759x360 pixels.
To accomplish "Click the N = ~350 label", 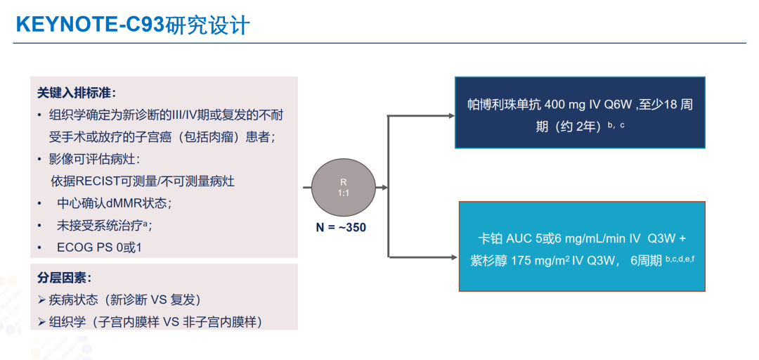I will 341,228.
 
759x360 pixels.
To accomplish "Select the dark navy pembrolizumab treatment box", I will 580,112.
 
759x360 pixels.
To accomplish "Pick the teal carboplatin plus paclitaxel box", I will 581,246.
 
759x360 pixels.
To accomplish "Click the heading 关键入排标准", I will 77,92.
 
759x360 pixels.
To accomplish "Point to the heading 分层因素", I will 64,278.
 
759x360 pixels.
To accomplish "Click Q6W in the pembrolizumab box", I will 616,104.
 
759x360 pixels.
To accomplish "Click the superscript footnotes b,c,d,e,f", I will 680,258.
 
